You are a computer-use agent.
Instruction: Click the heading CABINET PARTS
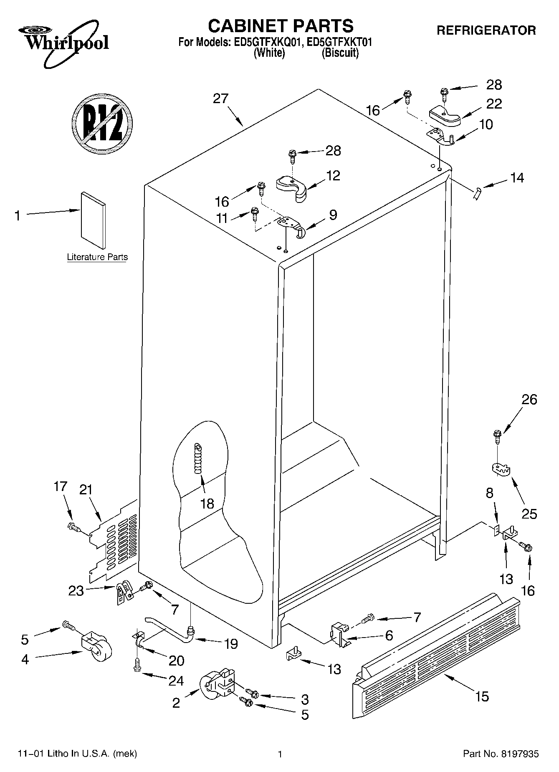[281, 26]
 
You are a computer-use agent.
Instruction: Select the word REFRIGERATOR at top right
[486, 30]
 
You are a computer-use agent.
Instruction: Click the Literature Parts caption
[97, 257]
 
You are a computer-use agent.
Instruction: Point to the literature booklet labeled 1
[93, 220]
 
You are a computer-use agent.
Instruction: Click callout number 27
[220, 99]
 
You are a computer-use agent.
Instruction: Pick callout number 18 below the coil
[207, 504]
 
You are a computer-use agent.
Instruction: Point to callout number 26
[529, 400]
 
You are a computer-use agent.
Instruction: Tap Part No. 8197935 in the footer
[501, 754]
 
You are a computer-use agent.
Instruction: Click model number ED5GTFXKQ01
[265, 42]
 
